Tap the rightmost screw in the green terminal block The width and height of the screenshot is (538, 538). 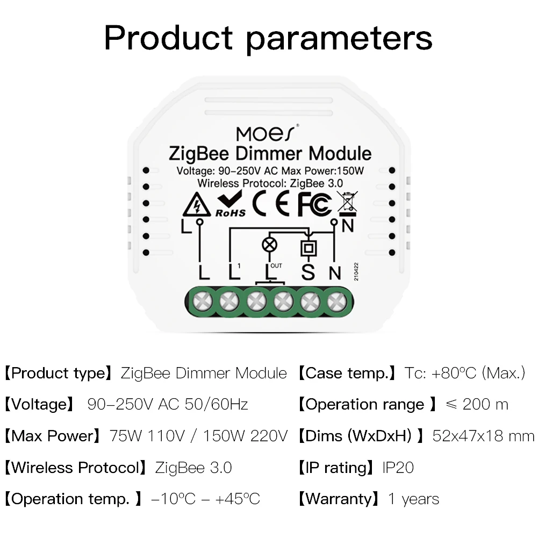(x=336, y=301)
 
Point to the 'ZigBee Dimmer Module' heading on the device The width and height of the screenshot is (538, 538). (x=270, y=154)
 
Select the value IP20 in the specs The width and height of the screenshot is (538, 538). (x=398, y=468)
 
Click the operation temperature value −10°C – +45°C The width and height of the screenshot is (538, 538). (x=206, y=499)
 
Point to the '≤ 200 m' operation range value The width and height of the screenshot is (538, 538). (x=477, y=405)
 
